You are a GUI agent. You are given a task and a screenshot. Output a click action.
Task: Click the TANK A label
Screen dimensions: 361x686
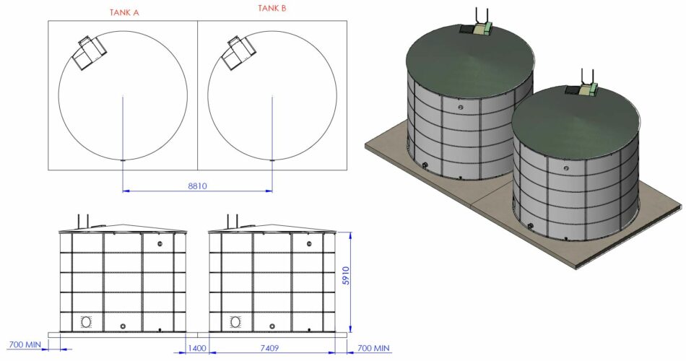tap(124, 12)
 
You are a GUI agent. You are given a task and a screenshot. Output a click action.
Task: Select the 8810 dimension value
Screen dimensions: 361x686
tap(197, 186)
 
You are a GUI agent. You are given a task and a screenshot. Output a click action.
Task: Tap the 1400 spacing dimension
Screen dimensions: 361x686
tap(197, 349)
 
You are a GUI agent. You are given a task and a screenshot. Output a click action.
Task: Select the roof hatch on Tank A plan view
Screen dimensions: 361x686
tap(91, 52)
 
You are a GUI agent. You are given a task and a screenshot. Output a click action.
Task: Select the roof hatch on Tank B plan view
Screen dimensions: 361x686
tap(240, 52)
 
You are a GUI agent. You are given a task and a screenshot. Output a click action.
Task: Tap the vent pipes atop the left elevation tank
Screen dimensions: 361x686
tap(83, 221)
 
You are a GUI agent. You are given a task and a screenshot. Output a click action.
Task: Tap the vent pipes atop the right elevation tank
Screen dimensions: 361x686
tap(232, 221)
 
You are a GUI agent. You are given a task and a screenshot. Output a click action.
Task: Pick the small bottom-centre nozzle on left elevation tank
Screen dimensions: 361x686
tap(123, 326)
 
